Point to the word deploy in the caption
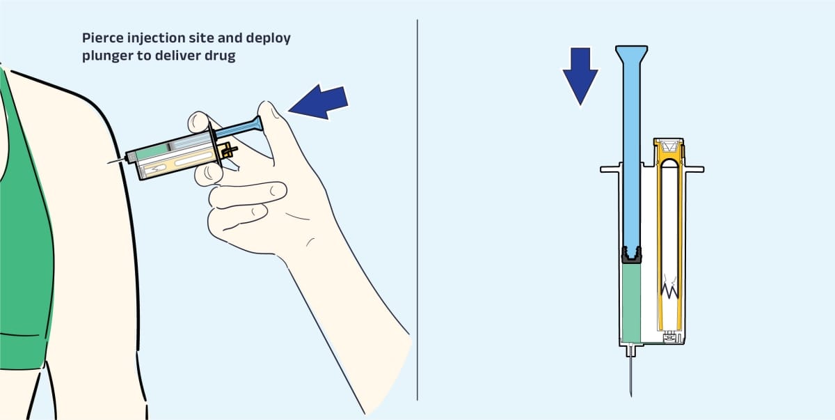point(269,38)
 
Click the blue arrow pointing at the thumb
point(319,102)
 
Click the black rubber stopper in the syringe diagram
point(632,255)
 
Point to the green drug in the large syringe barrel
point(632,303)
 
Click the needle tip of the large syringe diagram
point(631,396)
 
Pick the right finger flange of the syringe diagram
point(694,169)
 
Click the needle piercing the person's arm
point(117,161)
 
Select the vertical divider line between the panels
point(417,210)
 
